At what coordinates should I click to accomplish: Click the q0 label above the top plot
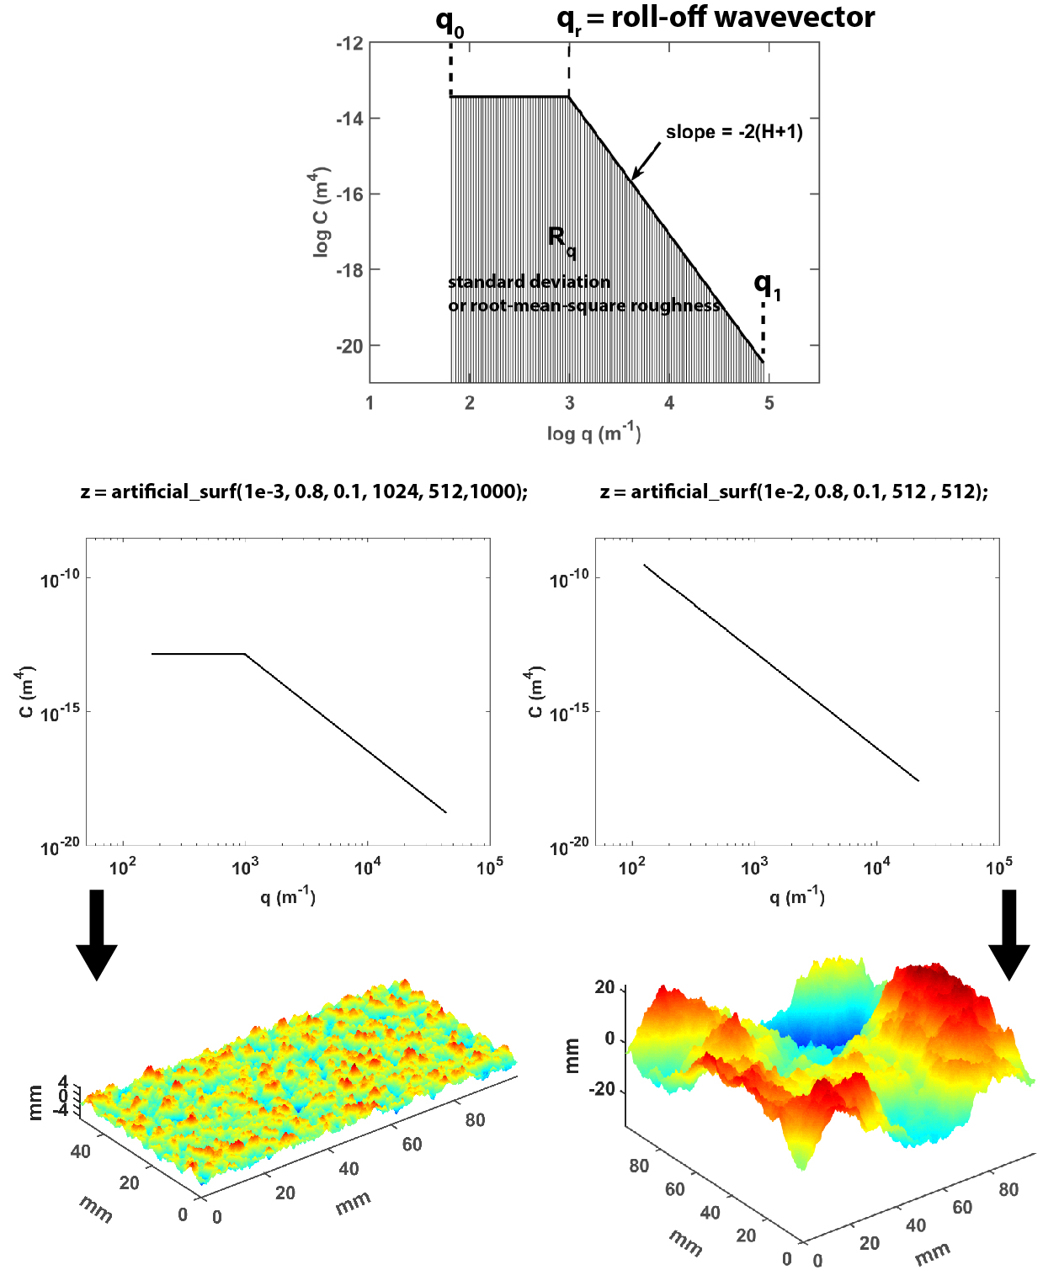(450, 24)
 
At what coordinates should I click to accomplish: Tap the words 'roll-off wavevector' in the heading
(742, 17)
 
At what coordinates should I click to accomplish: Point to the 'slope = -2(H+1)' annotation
(734, 132)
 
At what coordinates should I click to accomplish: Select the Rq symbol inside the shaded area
(561, 242)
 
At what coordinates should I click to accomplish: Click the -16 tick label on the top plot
(349, 194)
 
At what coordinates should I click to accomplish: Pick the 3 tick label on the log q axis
(570, 403)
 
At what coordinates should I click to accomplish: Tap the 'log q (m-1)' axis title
(593, 433)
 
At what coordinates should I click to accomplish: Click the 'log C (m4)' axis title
(319, 213)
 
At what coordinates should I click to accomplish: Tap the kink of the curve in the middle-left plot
(245, 653)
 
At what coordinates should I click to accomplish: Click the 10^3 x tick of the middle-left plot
(245, 867)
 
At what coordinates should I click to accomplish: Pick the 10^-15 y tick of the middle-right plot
(568, 713)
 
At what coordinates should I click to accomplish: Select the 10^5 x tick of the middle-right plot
(999, 867)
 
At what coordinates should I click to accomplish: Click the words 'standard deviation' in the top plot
(529, 282)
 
